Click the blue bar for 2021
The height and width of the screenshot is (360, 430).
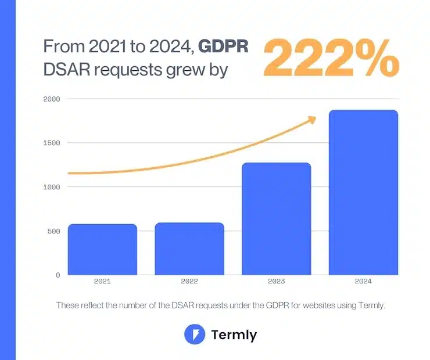click(x=102, y=250)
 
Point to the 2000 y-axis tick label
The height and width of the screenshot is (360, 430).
click(x=52, y=99)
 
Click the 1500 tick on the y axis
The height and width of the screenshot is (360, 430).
click(x=52, y=143)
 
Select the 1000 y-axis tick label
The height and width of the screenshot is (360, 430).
click(x=52, y=187)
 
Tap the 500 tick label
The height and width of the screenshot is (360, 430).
click(x=54, y=231)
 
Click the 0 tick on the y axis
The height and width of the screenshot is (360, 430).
click(x=58, y=275)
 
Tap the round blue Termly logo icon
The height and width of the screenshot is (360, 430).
click(x=192, y=334)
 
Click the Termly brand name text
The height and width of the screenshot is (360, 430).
click(x=234, y=335)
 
